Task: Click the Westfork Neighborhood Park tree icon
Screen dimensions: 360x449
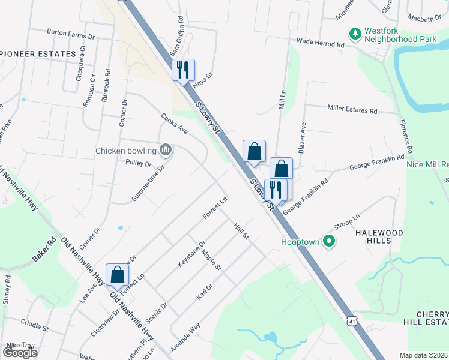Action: (355, 33)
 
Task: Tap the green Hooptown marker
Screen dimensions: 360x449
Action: (328, 242)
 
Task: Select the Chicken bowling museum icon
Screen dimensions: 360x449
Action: (166, 150)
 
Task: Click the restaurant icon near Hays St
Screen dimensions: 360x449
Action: (183, 70)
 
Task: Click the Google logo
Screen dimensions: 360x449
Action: (20, 353)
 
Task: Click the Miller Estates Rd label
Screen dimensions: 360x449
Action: (352, 110)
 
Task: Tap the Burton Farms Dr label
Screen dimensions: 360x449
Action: (71, 36)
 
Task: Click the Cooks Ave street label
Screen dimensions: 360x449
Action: (174, 124)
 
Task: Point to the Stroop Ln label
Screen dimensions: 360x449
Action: (346, 221)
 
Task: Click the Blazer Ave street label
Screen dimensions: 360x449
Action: (303, 137)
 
